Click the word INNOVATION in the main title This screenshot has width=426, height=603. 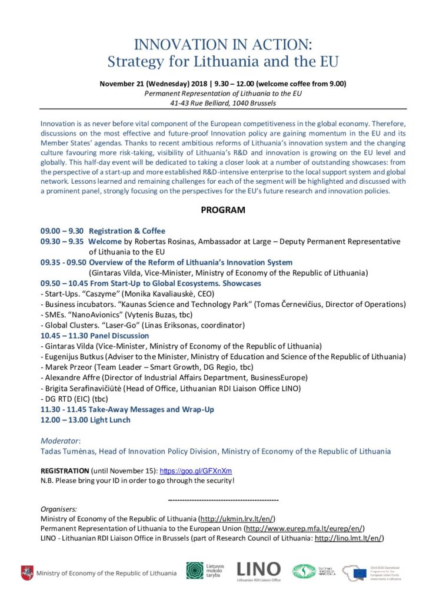170,44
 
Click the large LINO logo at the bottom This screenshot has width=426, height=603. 258,569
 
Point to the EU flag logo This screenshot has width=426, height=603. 360,571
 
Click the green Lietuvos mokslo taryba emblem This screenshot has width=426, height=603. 195,571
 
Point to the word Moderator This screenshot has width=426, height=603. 59,440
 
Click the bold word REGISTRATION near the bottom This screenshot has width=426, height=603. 65,471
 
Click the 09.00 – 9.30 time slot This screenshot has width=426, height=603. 62,231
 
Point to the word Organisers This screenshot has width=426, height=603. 59,508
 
